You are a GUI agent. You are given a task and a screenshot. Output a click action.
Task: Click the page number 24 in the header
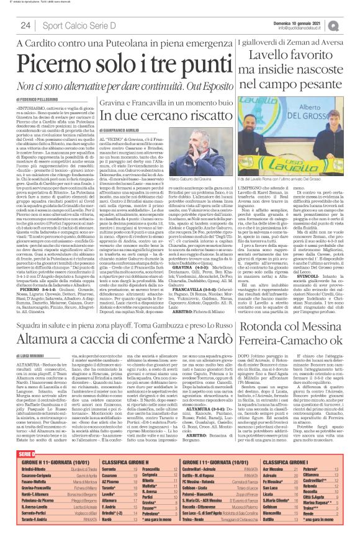coord(25,25)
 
